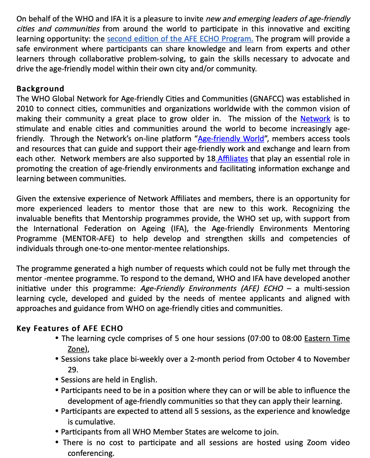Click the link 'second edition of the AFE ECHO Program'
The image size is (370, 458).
coord(180,39)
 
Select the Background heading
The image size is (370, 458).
coord(40,89)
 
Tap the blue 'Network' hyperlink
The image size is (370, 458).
coord(315,119)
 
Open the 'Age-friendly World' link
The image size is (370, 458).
coord(231,139)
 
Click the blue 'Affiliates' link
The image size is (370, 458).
coord(233,159)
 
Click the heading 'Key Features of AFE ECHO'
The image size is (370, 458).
coord(70,329)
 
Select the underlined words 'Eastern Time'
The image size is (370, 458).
coord(327,339)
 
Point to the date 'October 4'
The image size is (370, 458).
coord(280,359)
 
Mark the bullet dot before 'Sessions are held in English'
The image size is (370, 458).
coord(57,380)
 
